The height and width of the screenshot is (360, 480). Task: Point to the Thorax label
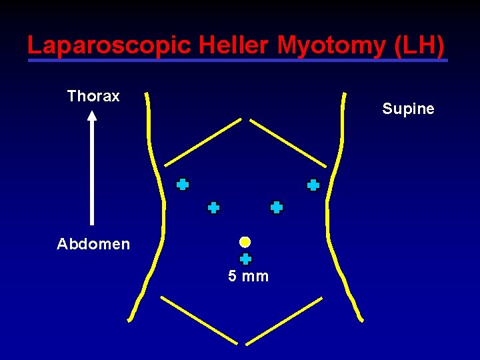(93, 96)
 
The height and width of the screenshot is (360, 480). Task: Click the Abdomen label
(93, 244)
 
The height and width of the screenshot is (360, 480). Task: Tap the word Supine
(408, 109)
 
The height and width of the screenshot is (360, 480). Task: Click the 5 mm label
(248, 276)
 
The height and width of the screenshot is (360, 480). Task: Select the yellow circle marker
(245, 241)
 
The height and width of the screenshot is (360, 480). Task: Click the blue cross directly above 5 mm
(245, 259)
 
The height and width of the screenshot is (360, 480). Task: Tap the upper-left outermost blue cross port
(182, 185)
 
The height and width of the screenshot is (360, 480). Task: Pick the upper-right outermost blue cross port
(313, 185)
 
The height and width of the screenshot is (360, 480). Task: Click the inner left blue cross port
(213, 208)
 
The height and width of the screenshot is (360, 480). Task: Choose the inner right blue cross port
(277, 207)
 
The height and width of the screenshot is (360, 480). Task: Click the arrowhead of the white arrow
(92, 115)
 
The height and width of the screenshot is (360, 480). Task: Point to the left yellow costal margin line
(203, 142)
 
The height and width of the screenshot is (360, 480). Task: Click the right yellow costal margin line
(288, 143)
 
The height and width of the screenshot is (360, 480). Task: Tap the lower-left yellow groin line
(199, 320)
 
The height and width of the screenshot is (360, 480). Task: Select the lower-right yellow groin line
(285, 321)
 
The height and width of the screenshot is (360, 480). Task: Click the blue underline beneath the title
(237, 61)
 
